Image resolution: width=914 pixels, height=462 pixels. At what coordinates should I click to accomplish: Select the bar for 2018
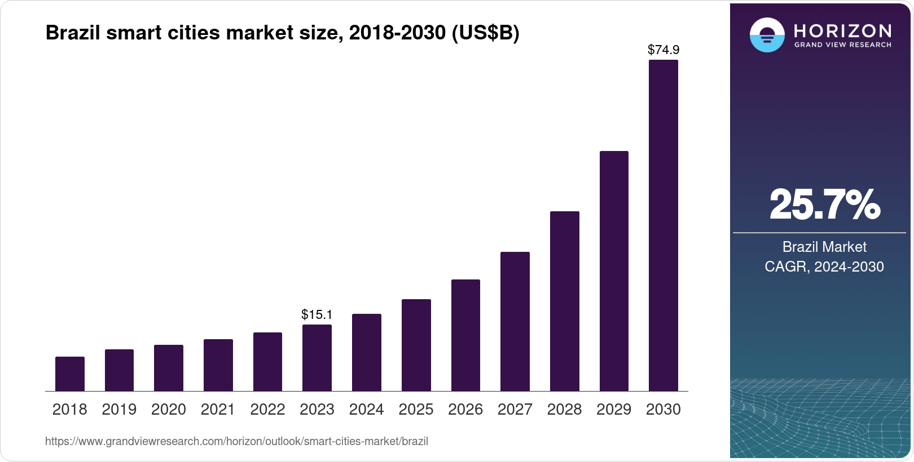pos(70,374)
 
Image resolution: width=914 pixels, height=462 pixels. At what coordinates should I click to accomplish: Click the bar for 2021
pos(218,365)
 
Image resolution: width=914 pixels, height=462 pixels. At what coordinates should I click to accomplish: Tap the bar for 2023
pos(317,358)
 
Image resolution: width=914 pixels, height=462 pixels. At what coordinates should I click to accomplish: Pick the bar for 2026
pos(465,335)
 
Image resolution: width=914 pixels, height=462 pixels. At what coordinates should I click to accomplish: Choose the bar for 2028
pos(564,301)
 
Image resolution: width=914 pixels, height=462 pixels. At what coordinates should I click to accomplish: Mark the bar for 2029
pos(614,271)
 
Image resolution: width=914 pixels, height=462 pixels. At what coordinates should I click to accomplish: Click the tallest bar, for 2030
pos(663,225)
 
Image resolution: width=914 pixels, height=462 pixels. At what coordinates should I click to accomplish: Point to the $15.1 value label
pos(317,314)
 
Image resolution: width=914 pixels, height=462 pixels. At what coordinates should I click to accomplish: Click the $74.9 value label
pos(663,50)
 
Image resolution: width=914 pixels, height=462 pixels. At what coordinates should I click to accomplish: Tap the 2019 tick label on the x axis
pos(119,410)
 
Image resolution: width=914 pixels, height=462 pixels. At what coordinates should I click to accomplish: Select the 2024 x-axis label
pos(366,410)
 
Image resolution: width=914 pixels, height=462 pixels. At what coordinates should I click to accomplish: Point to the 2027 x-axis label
pos(515,410)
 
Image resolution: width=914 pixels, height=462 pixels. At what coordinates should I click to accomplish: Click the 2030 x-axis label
pos(663,410)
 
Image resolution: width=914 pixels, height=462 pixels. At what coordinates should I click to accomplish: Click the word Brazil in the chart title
pos(73,33)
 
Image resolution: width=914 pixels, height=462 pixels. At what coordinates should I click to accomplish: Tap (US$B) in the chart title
pos(485,33)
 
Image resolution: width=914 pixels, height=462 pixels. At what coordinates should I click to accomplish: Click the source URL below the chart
pos(236,442)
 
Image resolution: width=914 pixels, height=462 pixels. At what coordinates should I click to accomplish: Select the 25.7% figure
pos(824,205)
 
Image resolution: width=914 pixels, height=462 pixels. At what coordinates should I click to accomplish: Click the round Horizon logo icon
pos(767,35)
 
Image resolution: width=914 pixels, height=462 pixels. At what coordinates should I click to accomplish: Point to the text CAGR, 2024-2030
pos(824,266)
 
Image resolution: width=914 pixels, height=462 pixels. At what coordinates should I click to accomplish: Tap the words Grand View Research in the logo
pos(842,45)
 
